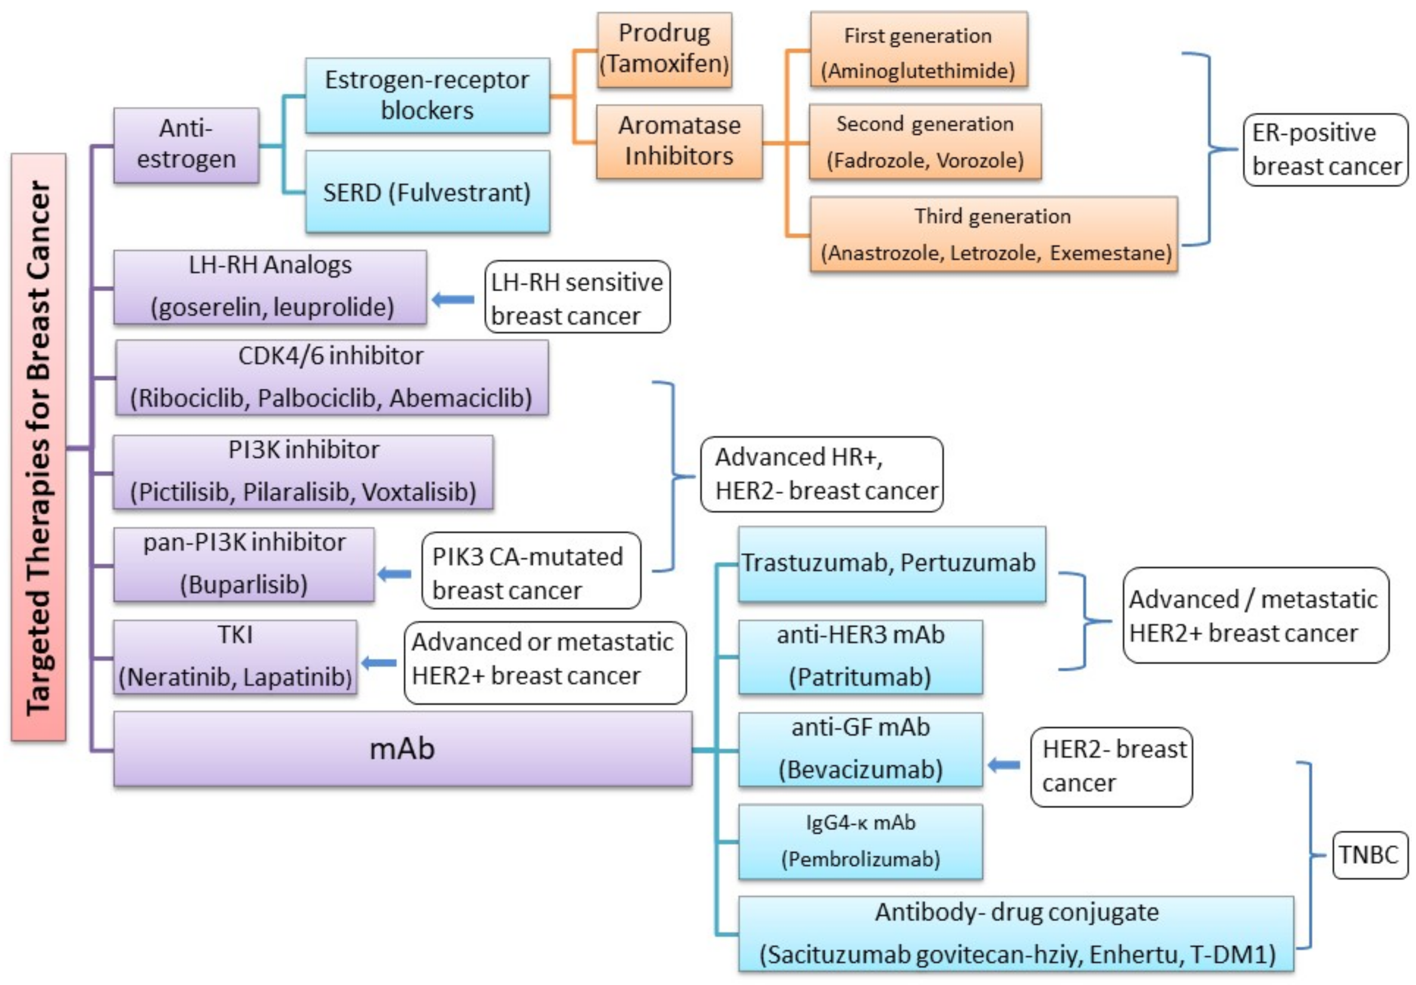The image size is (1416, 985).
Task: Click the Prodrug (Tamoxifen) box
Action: click(664, 50)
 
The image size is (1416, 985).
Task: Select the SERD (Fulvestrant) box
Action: click(427, 192)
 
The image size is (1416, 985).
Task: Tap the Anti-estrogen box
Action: click(185, 145)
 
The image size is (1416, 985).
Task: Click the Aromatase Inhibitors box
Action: click(678, 141)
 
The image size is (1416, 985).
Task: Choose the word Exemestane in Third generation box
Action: click(1110, 253)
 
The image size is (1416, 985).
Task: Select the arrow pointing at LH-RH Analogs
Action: click(453, 299)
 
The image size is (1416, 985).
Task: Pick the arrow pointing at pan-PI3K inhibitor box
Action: click(395, 574)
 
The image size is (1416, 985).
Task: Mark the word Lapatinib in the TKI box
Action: click(297, 677)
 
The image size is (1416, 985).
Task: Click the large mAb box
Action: click(402, 748)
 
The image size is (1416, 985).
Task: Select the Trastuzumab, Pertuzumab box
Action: click(891, 563)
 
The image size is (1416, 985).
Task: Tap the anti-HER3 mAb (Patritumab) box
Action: click(860, 656)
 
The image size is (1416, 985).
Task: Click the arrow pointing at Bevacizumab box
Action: click(1004, 765)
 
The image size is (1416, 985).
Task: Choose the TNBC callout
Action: click(1369, 854)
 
